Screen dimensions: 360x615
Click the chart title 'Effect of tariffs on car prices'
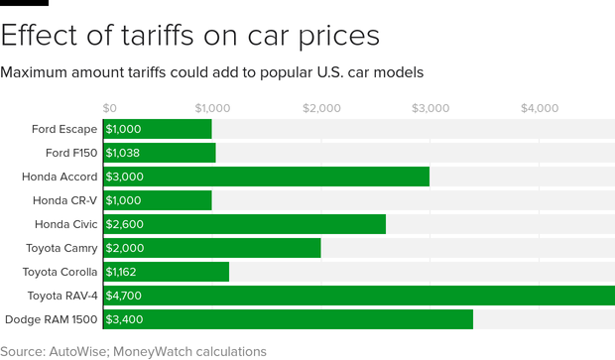coord(190,36)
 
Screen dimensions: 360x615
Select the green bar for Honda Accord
coord(266,177)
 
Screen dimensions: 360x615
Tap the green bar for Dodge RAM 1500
coord(288,319)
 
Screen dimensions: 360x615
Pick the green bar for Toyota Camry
coord(211,248)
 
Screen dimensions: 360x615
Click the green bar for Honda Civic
coord(244,224)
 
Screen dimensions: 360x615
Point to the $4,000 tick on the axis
coord(540,107)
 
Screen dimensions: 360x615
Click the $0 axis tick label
coord(110,107)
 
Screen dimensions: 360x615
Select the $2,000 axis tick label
coord(321,107)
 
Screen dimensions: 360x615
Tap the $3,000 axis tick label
coord(430,107)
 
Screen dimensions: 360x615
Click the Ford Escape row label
coord(64,129)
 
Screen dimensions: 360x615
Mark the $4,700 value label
coord(126,296)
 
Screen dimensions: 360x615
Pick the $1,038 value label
coord(126,153)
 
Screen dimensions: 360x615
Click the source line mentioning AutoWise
coord(133,351)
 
